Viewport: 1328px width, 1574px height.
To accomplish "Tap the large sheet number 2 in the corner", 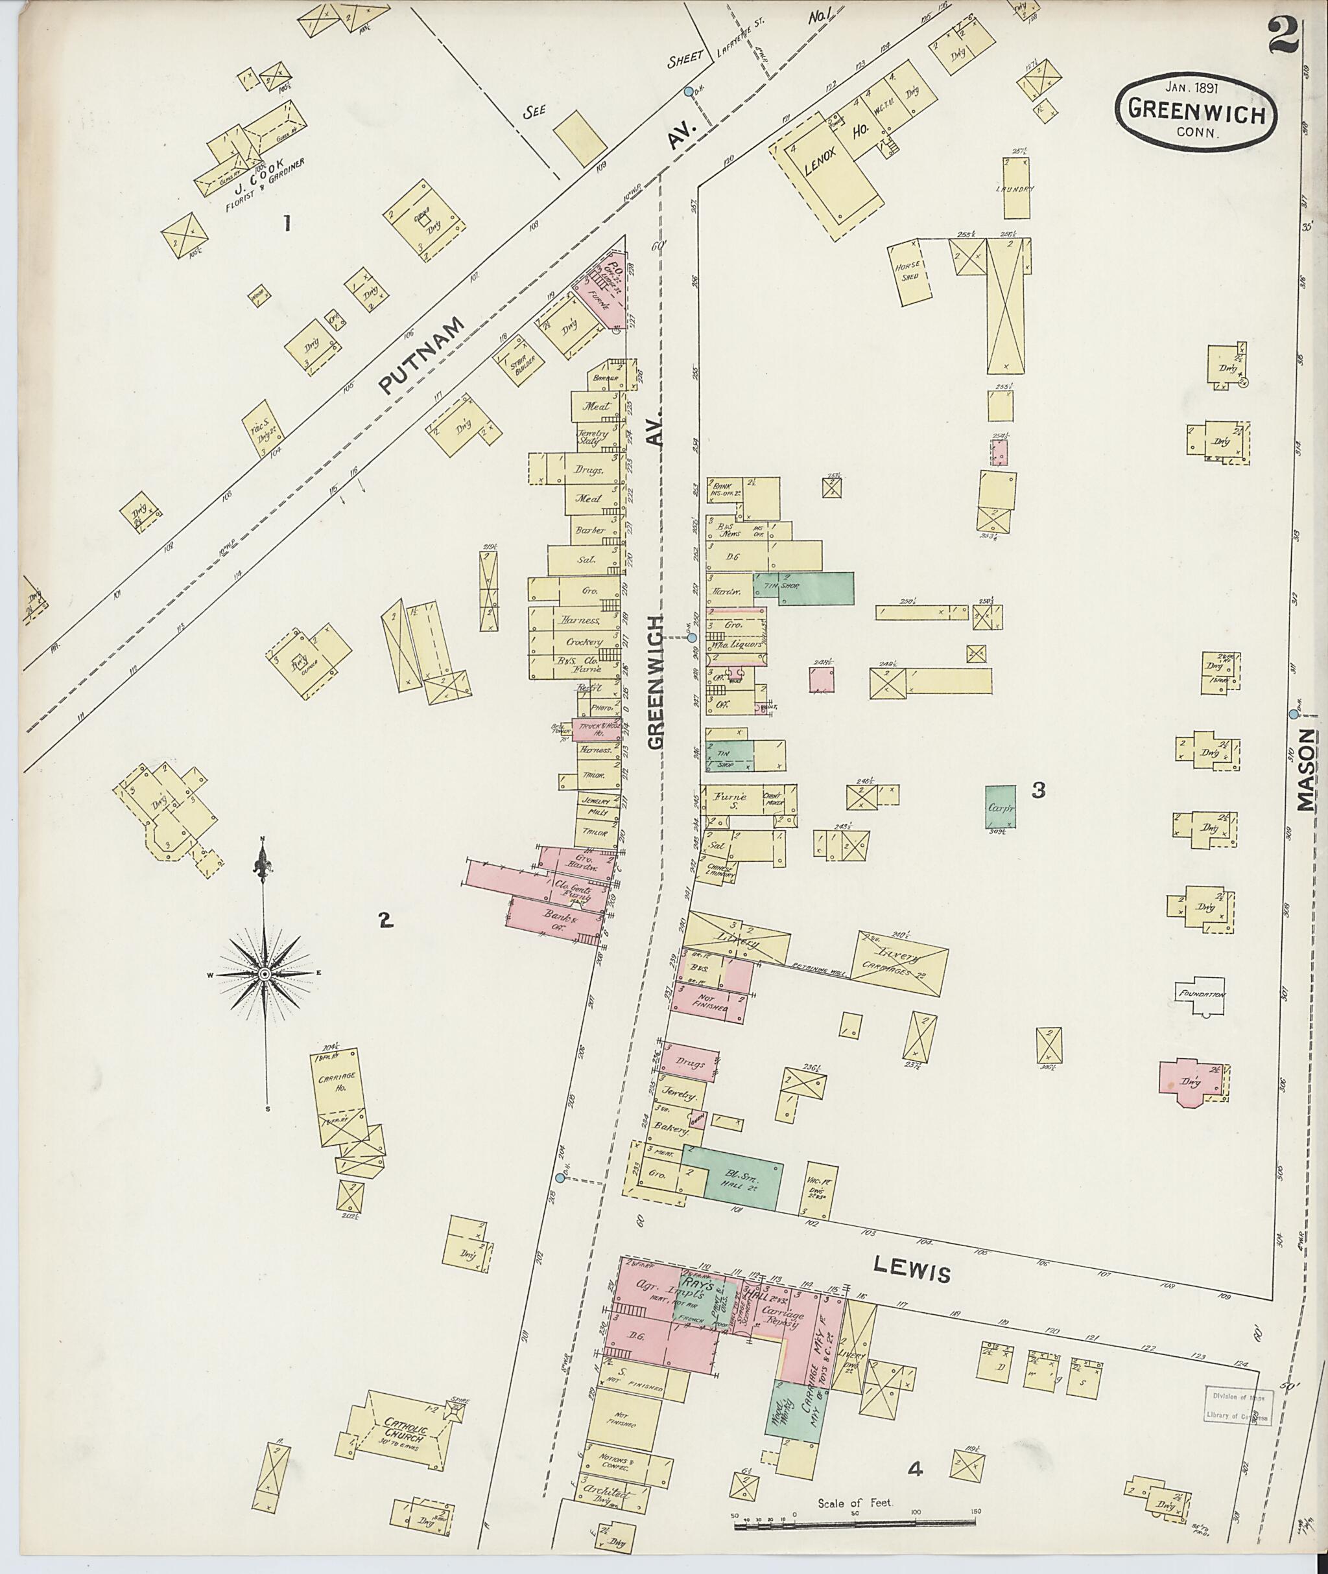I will point(1283,37).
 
